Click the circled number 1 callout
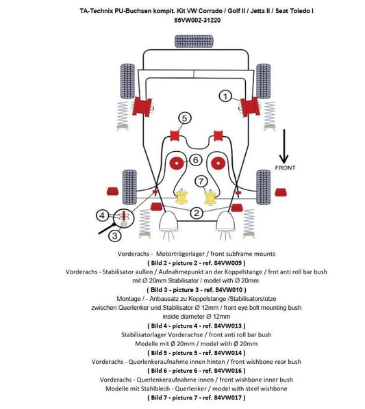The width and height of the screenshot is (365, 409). (x=225, y=97)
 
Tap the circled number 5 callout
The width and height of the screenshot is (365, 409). (x=184, y=118)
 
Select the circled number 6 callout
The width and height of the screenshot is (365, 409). (x=195, y=159)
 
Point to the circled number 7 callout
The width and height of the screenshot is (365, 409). (x=201, y=181)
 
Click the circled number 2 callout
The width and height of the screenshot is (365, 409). (x=196, y=213)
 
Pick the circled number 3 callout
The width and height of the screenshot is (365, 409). (x=115, y=236)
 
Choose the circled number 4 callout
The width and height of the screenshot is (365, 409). (x=102, y=215)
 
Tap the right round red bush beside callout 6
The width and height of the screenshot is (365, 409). (x=218, y=163)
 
